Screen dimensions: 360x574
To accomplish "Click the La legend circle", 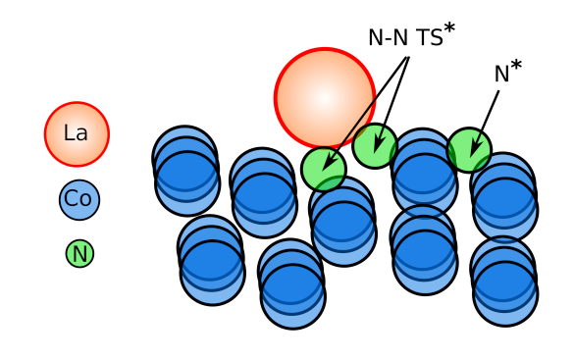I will tap(77, 134).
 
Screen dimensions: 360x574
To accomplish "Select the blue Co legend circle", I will tap(78, 200).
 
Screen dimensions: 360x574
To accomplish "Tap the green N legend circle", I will tap(79, 254).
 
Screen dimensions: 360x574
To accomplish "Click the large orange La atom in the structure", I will tap(324, 98).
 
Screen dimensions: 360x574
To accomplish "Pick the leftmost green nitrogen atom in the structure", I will tap(323, 170).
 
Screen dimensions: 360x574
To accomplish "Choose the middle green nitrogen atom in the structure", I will tap(375, 146).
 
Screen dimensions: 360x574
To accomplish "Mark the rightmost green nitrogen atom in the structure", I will tap(469, 150).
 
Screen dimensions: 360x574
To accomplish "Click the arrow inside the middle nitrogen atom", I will tap(378, 141).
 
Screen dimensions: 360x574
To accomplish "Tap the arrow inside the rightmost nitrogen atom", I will tap(475, 146).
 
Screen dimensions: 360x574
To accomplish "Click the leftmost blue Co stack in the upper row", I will tap(186, 172).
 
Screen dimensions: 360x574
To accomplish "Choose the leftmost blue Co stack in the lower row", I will tap(212, 261).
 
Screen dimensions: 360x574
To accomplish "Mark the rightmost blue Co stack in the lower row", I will tap(504, 282).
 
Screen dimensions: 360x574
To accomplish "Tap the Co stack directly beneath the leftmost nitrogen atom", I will tap(343, 223).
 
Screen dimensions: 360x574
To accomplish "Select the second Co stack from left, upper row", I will tap(264, 193).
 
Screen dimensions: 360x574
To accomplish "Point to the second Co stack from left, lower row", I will tap(292, 284).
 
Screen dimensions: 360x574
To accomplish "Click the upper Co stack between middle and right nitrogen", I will tap(424, 174).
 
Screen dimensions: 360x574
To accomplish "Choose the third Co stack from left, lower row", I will tap(424, 250).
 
